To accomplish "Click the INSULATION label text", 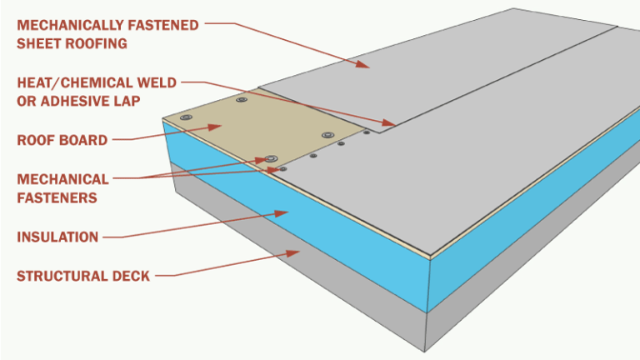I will coord(57,237).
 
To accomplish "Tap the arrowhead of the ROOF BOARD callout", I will coord(220,127).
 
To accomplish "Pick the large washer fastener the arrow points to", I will coord(270,157).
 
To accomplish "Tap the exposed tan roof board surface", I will coord(250,125).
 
